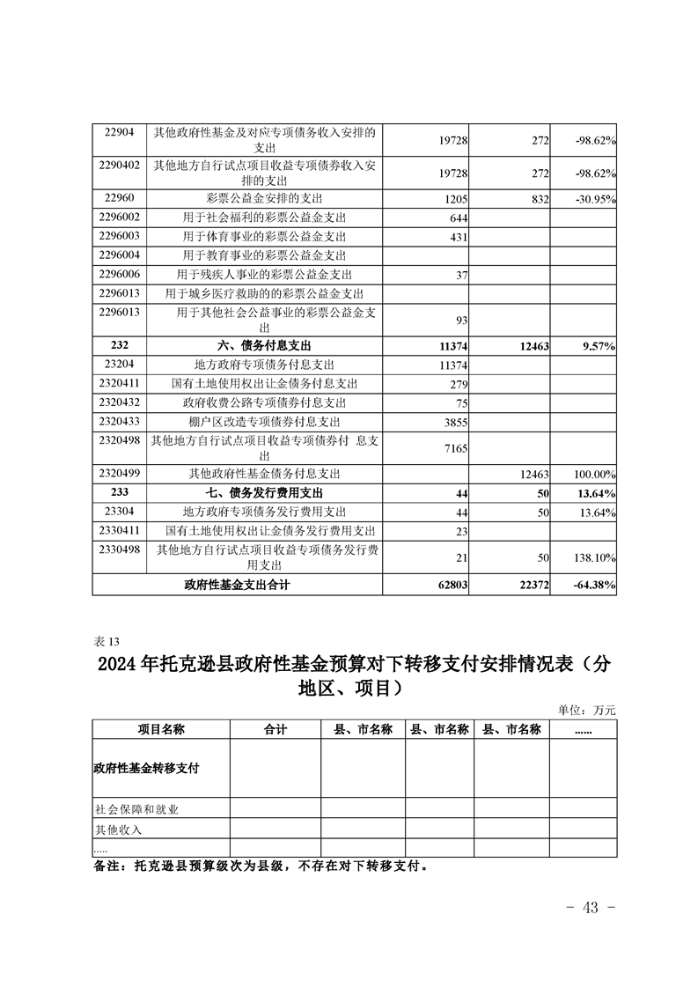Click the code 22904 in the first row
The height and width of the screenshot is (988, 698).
118,132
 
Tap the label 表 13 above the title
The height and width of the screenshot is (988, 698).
104,640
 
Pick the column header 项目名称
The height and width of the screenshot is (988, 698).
161,729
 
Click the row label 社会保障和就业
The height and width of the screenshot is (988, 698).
136,808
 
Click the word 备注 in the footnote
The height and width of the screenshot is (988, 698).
110,866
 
